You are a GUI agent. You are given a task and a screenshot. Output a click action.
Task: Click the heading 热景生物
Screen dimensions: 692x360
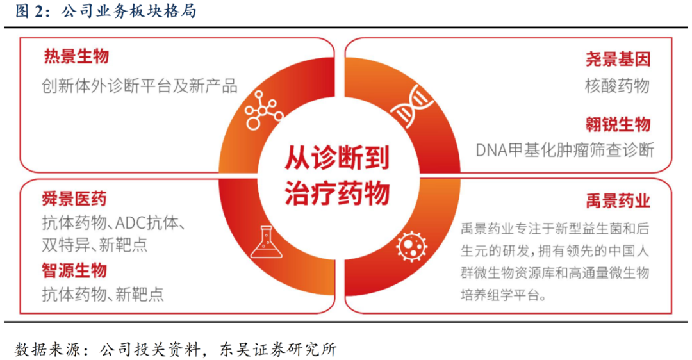(x=76, y=57)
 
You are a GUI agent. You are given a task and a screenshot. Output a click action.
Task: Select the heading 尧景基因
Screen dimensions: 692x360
(x=618, y=59)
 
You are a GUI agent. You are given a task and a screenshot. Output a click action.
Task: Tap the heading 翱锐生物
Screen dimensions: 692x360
(x=618, y=124)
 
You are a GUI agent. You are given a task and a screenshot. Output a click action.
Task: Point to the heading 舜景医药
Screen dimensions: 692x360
(x=74, y=199)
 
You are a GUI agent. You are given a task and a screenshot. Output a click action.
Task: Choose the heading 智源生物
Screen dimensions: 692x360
(x=74, y=270)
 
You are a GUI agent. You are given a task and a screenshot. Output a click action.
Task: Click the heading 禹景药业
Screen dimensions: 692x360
(x=618, y=200)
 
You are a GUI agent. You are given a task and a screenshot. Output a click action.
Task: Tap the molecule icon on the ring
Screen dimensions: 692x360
(x=263, y=110)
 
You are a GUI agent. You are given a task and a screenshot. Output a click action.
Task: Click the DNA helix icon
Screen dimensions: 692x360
(x=413, y=106)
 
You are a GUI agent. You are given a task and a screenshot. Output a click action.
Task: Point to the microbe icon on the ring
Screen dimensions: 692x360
(x=412, y=246)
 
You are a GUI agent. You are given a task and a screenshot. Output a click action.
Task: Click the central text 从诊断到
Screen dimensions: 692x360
(x=337, y=158)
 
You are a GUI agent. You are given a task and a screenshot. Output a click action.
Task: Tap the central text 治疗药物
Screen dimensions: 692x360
(x=337, y=193)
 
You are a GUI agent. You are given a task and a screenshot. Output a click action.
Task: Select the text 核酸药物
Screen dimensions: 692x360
(x=618, y=85)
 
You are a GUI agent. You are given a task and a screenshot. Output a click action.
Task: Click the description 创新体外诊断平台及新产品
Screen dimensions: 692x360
(x=140, y=86)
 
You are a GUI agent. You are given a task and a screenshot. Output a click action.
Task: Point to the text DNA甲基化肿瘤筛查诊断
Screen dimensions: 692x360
(x=565, y=151)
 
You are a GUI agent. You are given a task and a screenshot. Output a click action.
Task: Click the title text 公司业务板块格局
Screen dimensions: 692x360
(x=129, y=12)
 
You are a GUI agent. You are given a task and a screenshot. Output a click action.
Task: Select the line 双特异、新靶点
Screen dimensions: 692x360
(x=95, y=245)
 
